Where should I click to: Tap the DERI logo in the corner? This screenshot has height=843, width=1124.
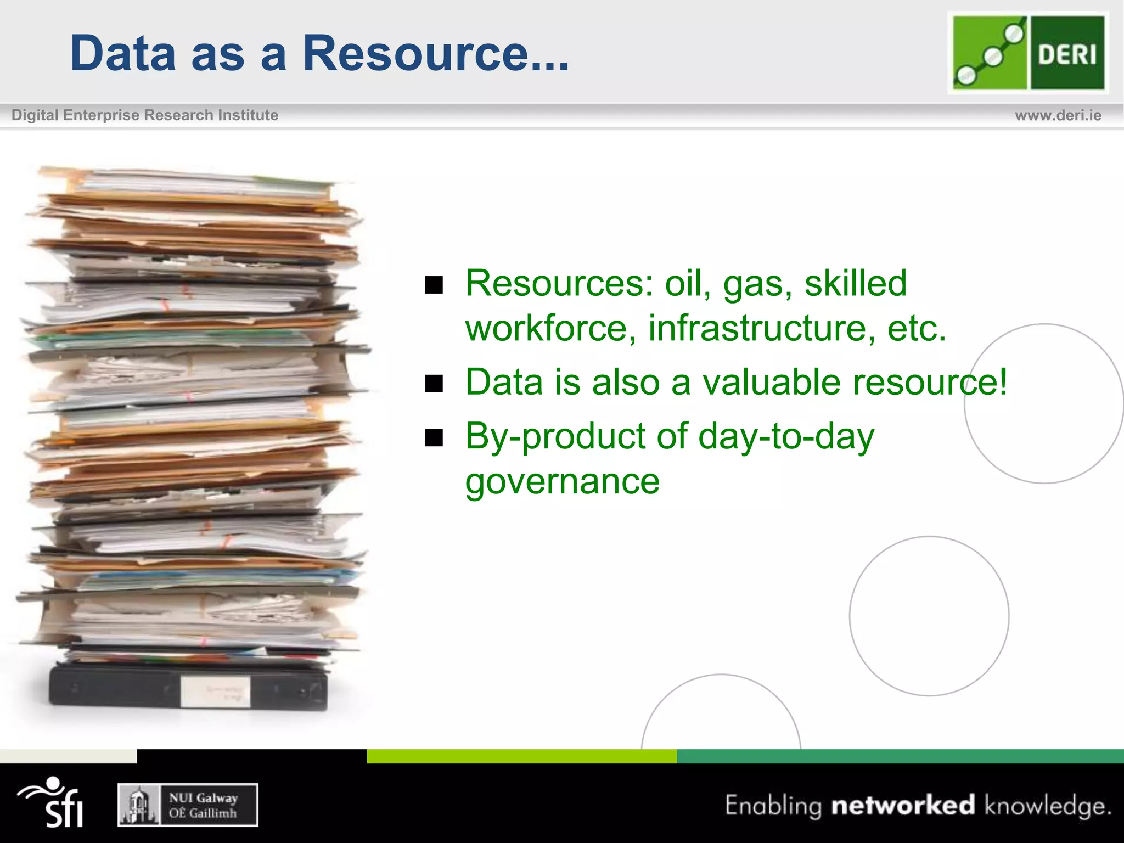1028,53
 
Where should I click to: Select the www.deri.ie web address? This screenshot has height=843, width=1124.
1058,115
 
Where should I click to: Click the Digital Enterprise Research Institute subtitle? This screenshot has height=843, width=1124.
145,115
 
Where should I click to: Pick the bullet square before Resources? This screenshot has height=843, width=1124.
434,285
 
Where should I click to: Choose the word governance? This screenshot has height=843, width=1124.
562,482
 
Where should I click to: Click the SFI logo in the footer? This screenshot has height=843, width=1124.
52,802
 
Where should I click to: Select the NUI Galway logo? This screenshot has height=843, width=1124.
188,805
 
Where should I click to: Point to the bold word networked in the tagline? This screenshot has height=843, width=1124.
903,805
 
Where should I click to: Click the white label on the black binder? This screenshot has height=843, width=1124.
215,690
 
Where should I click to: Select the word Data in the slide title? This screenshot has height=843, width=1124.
123,53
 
